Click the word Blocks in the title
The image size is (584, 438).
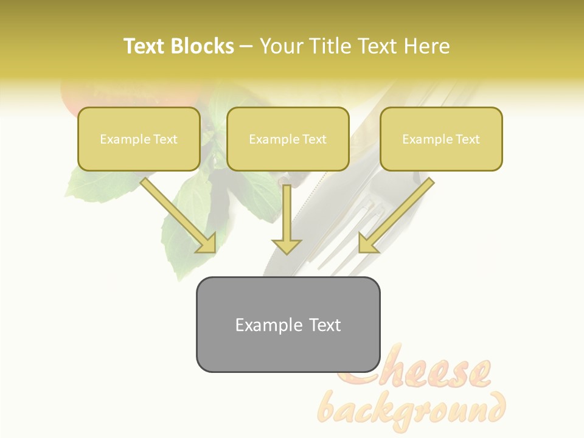point(203,46)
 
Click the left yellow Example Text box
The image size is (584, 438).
point(139,139)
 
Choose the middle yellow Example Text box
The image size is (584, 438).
point(288,139)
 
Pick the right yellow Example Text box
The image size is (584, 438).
point(441,139)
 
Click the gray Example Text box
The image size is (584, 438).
point(288,324)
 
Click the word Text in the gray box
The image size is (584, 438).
point(325,325)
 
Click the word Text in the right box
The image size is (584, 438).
point(467,139)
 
